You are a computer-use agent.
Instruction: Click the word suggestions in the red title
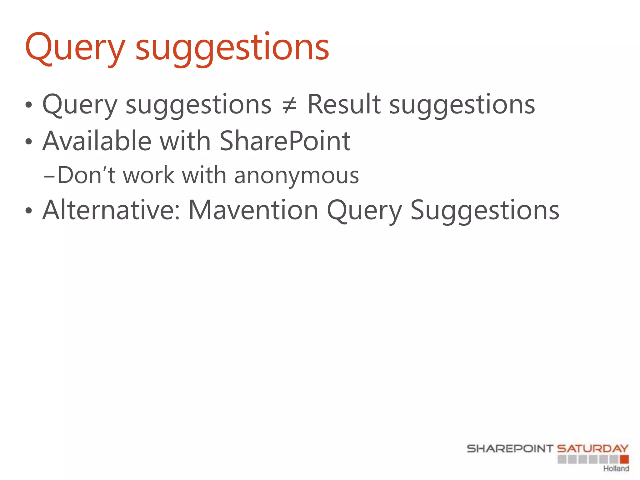pyautogui.click(x=232, y=48)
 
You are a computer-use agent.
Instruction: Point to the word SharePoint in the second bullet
pyautogui.click(x=285, y=141)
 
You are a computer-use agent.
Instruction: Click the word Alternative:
pyautogui.click(x=111, y=210)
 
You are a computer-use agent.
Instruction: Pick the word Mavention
pyautogui.click(x=253, y=210)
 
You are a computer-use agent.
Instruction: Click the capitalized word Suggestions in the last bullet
pyautogui.click(x=484, y=210)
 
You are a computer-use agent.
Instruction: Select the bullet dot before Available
pyautogui.click(x=29, y=142)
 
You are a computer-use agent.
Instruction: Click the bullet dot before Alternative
pyautogui.click(x=29, y=211)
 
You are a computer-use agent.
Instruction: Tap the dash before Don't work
pyautogui.click(x=49, y=177)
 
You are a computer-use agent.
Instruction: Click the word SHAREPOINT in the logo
pyautogui.click(x=510, y=449)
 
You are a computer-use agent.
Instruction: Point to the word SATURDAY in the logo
pyautogui.click(x=592, y=449)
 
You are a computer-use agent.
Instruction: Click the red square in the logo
pyautogui.click(x=624, y=459)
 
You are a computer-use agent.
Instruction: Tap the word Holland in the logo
pyautogui.click(x=616, y=468)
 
